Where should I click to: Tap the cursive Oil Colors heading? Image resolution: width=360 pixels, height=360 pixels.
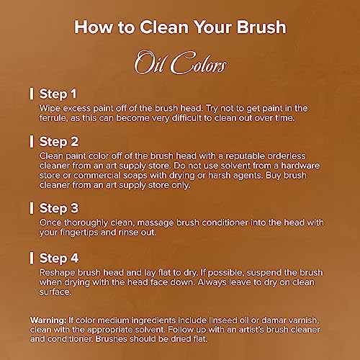(180, 63)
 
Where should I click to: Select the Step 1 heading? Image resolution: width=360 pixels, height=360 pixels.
(58, 94)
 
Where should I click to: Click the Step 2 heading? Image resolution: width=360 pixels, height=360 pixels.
(59, 142)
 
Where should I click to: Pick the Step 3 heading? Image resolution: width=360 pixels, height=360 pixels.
(59, 208)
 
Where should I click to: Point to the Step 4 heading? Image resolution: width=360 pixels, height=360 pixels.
(59, 258)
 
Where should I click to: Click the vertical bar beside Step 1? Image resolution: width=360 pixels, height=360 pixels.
(32, 94)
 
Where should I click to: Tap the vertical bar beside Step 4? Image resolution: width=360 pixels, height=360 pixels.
(32, 258)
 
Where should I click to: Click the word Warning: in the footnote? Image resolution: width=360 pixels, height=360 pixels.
(48, 320)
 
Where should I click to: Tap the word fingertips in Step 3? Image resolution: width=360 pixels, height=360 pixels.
(79, 233)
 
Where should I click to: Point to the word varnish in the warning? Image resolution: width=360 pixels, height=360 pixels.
(304, 320)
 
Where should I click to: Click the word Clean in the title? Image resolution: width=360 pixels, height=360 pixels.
(164, 27)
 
